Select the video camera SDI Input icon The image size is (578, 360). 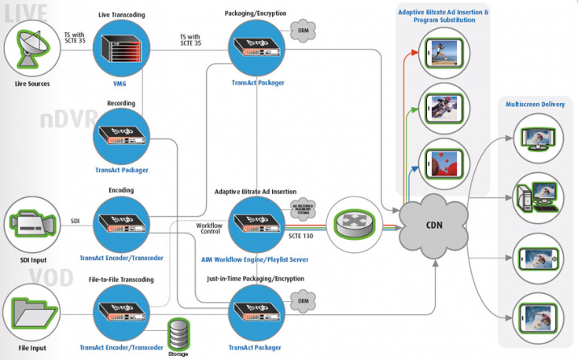tap(31, 222)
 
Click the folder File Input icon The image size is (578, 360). tap(31, 312)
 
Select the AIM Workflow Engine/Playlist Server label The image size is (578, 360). tap(258, 258)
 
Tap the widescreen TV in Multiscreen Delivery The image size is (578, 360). tap(539, 142)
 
